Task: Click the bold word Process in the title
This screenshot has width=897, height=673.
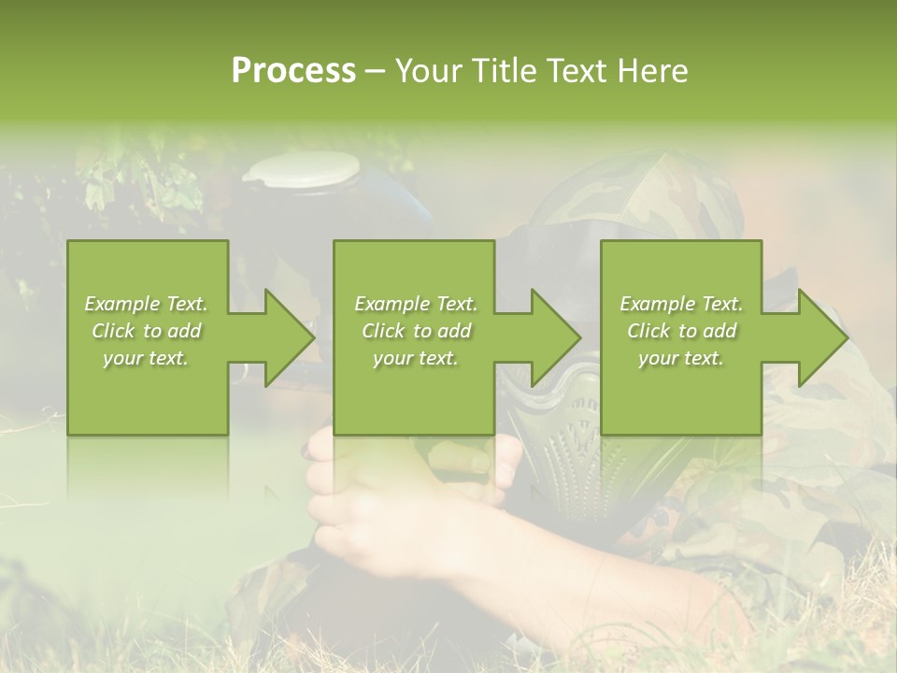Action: click(x=293, y=70)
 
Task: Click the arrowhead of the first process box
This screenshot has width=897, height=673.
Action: click(x=290, y=337)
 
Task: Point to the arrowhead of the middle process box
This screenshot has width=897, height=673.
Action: click(x=556, y=337)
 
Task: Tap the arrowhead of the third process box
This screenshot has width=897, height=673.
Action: click(x=822, y=337)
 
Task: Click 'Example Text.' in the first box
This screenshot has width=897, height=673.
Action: click(x=146, y=304)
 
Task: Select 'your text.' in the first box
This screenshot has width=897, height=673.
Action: click(x=146, y=358)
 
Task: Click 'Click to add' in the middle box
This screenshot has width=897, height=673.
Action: click(x=416, y=331)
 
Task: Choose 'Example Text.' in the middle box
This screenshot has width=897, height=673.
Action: click(x=416, y=304)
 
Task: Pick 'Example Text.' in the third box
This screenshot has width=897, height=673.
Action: click(x=681, y=304)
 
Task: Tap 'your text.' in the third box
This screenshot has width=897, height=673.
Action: click(x=681, y=358)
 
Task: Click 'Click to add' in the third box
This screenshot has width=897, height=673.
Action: click(x=681, y=331)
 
